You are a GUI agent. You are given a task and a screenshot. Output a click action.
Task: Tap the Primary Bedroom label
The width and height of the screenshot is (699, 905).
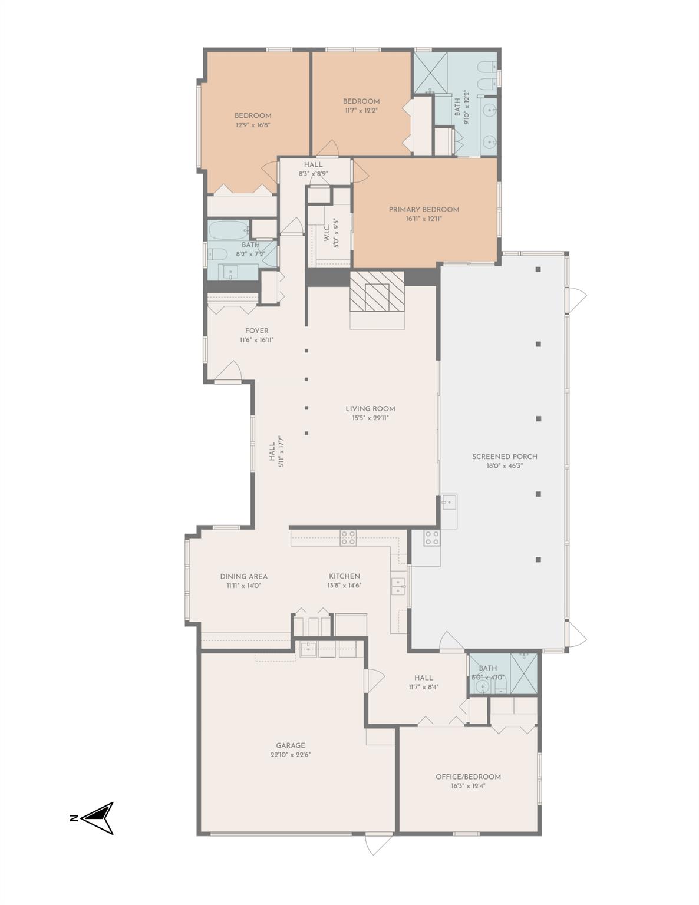[424, 209]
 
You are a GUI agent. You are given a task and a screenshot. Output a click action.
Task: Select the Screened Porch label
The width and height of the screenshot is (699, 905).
[505, 456]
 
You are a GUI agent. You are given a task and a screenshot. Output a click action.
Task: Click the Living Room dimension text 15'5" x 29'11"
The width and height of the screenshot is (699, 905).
[370, 418]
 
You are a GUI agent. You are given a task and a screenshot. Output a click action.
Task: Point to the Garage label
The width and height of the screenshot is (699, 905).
[291, 745]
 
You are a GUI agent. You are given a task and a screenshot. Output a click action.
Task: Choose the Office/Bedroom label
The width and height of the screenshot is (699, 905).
[468, 777]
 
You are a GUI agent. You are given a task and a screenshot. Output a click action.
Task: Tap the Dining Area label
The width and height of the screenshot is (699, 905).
[244, 576]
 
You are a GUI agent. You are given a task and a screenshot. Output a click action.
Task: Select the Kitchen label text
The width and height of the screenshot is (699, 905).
[344, 576]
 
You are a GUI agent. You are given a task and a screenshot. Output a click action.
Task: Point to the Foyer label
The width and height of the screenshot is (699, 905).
[257, 331]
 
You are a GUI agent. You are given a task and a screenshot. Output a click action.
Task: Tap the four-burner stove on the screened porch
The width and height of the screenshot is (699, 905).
[431, 537]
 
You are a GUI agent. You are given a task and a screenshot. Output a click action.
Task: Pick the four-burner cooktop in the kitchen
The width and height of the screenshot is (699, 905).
[348, 537]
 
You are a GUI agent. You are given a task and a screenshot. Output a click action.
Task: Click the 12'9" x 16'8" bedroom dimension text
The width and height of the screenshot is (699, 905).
[253, 125]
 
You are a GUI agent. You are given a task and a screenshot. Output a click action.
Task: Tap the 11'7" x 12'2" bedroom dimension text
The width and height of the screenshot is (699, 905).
[361, 110]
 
